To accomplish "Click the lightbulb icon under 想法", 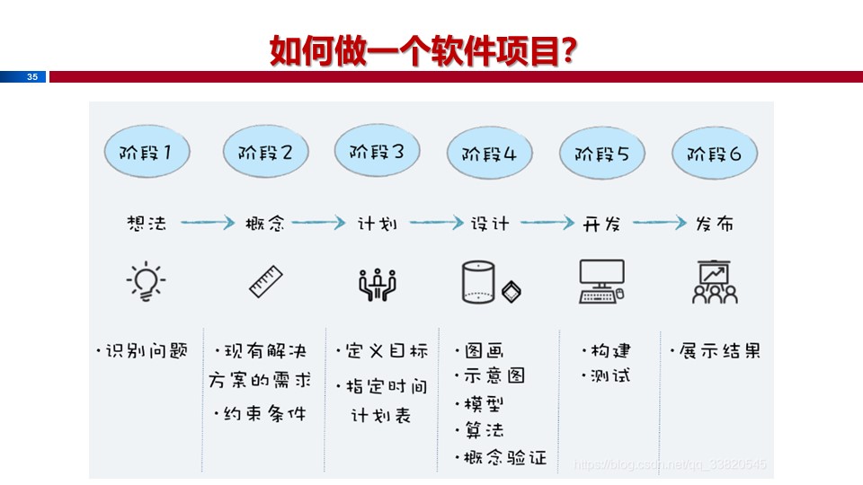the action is click(x=146, y=281).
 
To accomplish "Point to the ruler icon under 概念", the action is click(x=266, y=281).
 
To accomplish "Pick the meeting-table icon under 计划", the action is click(x=378, y=284).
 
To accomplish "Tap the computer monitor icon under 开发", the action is click(x=601, y=281).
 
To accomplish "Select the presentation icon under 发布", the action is click(x=716, y=281).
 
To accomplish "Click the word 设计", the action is click(x=490, y=224).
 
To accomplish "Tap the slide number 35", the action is click(x=32, y=77).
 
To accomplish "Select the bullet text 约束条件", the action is click(x=263, y=413).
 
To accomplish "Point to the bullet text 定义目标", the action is click(x=385, y=350).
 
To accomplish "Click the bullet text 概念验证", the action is click(x=505, y=457).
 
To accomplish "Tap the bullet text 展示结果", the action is click(x=719, y=350).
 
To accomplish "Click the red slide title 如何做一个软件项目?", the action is click(x=423, y=51).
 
